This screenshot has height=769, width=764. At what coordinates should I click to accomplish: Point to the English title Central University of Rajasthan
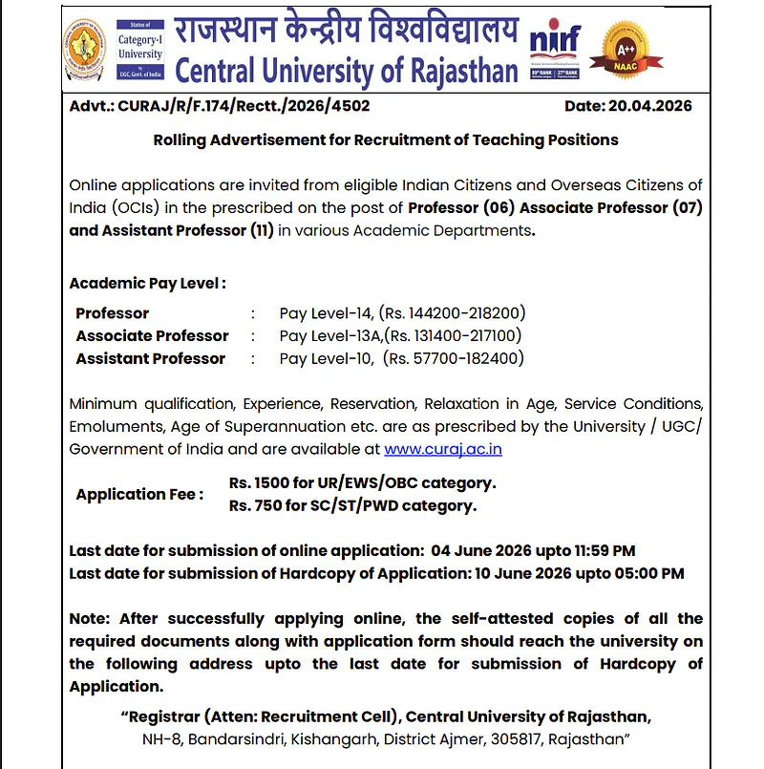point(348,70)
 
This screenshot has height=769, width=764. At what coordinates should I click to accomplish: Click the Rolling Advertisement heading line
point(386,140)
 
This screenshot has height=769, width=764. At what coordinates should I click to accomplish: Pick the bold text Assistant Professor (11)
point(172,231)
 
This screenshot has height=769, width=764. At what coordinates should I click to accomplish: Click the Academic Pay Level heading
point(148,284)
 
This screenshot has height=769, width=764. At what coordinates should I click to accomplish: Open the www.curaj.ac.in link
point(443,449)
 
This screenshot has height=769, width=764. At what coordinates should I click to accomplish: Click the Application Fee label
point(139,494)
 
